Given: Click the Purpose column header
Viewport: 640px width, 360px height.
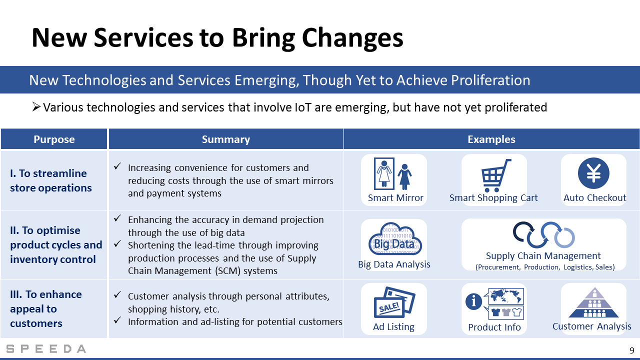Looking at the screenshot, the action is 54,139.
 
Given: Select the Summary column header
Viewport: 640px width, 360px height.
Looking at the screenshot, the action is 225,139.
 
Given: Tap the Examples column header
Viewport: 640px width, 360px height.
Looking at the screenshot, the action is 491,139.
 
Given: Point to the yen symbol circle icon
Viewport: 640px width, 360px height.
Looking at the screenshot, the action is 593,173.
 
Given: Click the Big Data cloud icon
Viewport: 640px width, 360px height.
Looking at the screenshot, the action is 395,239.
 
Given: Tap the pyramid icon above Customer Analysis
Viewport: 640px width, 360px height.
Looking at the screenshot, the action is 593,302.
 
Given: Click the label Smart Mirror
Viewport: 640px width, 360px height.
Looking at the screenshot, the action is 395,197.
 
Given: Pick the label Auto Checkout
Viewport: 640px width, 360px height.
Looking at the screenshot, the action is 594,197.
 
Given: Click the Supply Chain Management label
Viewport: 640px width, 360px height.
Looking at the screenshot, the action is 543,255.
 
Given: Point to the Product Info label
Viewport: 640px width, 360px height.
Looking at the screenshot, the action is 494,327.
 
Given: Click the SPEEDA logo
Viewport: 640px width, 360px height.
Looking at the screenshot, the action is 46,349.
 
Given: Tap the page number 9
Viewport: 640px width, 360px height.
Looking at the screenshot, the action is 631,350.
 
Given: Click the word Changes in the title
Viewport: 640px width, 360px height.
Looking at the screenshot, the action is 352,38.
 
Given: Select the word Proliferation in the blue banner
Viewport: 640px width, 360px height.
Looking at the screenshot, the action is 490,80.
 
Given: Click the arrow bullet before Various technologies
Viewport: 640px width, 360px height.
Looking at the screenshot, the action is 36,107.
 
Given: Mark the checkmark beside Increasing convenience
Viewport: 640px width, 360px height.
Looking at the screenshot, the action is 117,166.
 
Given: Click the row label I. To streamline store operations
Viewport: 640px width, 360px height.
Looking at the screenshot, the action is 51,180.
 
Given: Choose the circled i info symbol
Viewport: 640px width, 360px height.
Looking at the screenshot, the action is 473,301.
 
